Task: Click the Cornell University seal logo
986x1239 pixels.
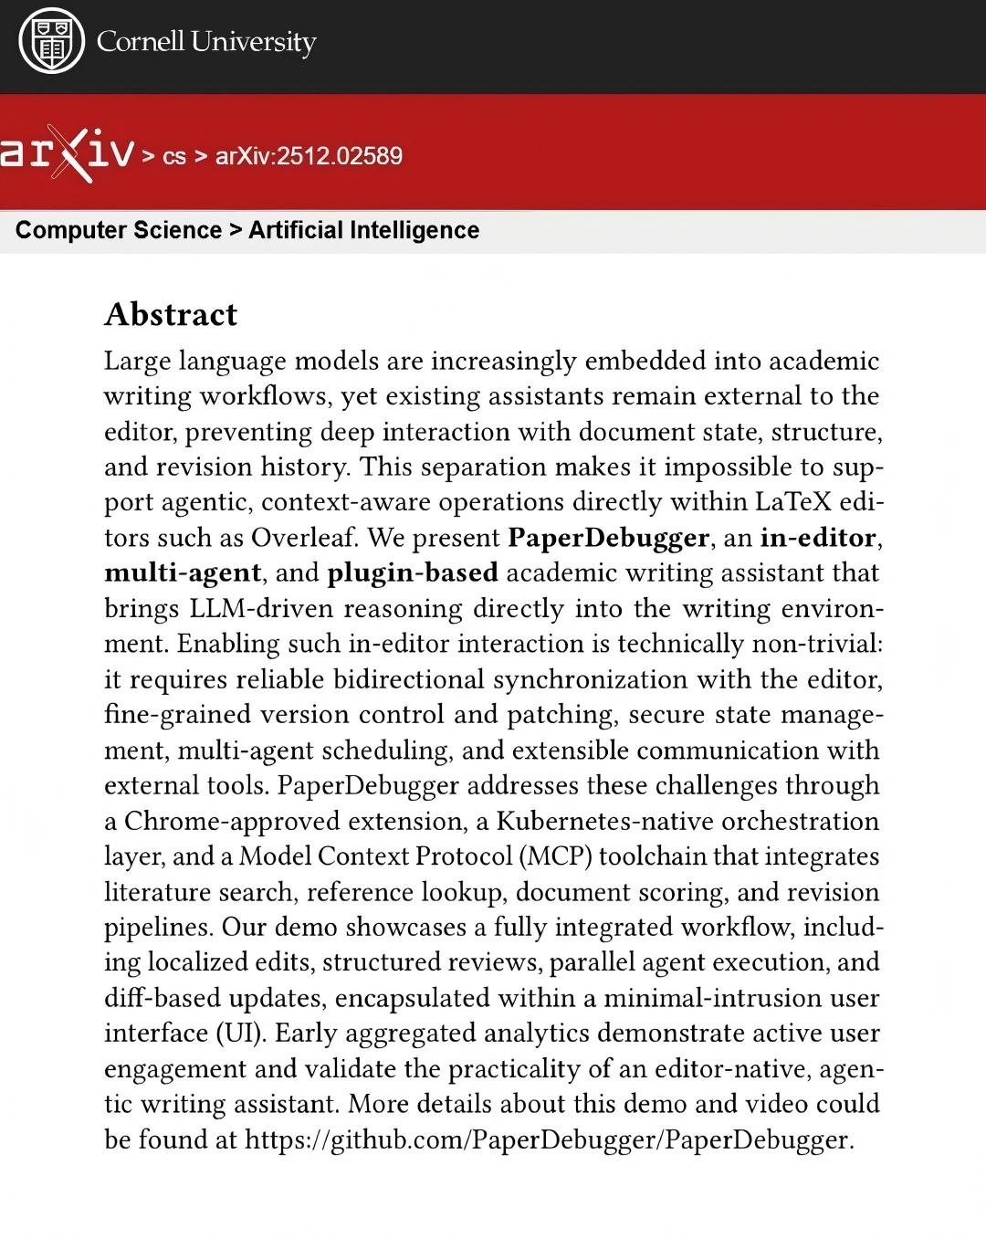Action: [x=52, y=42]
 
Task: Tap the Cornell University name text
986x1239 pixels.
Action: [x=206, y=42]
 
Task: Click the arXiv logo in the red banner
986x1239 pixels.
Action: [x=67, y=155]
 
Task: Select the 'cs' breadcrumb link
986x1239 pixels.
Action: [x=173, y=156]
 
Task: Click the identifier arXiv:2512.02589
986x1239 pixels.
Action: [x=309, y=156]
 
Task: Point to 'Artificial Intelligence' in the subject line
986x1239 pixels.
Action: [x=363, y=230]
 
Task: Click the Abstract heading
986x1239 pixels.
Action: [x=171, y=314]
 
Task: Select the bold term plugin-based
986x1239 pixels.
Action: [x=413, y=573]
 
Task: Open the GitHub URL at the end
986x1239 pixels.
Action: [x=549, y=1140]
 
